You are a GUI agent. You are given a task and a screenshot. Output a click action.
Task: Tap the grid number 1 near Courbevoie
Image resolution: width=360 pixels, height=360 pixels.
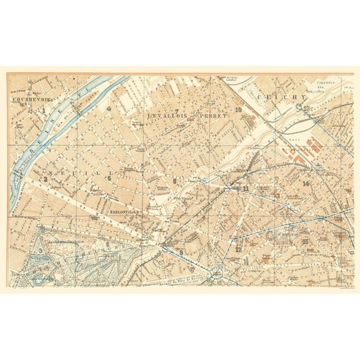[45, 111]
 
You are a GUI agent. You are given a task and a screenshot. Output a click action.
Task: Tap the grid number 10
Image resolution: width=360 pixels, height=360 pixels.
[238, 111]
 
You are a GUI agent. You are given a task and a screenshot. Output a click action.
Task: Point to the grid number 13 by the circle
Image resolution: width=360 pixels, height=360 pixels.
[307, 108]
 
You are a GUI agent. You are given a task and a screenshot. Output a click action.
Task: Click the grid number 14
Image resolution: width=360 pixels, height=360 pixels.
[306, 184]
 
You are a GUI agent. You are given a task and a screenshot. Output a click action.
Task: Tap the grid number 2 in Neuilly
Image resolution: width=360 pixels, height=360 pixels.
[46, 180]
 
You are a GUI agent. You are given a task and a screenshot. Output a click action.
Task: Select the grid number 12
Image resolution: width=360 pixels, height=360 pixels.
[239, 249]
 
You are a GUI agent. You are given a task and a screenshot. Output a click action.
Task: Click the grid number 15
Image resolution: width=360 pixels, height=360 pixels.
[304, 242]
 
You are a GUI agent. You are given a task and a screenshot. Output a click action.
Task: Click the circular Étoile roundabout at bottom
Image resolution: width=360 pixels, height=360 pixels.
[217, 272]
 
